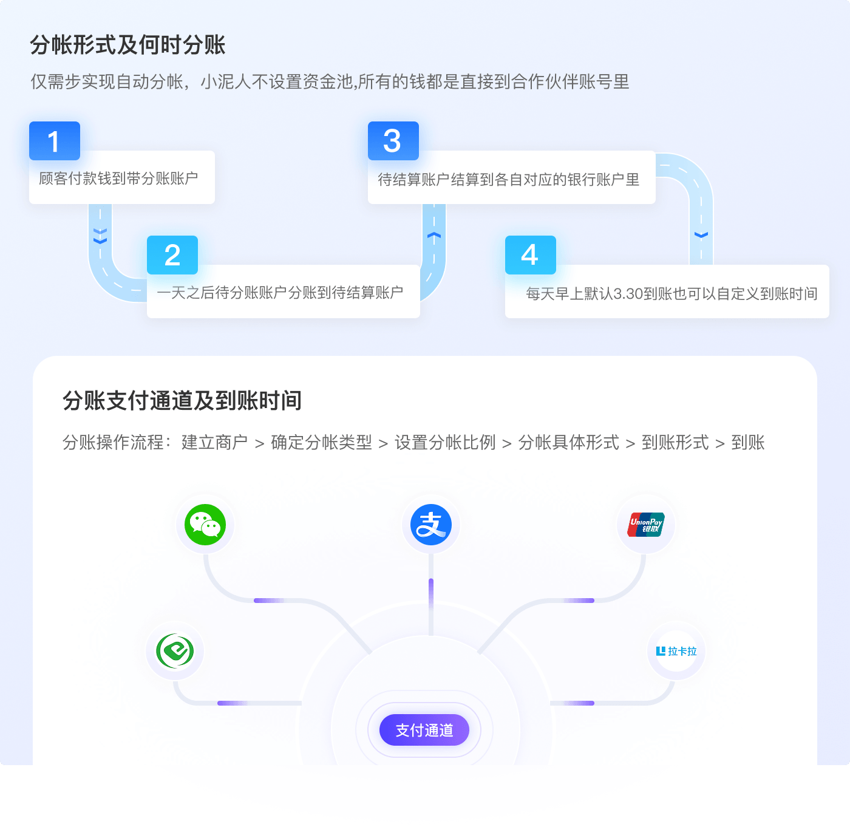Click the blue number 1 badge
(55, 141)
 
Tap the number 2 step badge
(172, 255)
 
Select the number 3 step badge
(393, 141)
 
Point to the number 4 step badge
(530, 255)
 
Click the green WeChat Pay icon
(205, 525)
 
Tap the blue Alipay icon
(431, 525)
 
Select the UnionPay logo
(646, 525)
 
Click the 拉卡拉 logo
(677, 652)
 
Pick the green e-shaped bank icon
(175, 652)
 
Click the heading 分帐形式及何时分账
(127, 45)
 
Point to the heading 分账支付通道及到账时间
(182, 401)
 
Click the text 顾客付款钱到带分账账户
(118, 179)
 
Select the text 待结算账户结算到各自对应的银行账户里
(509, 180)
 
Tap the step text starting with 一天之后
(280, 293)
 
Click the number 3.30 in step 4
(628, 294)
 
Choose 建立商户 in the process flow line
(214, 443)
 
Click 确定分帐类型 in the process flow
(321, 443)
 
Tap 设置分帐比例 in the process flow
(445, 443)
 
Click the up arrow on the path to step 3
(433, 236)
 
